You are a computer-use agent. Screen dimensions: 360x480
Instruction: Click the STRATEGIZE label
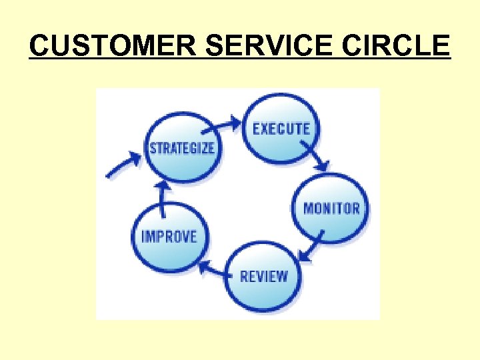[182, 147]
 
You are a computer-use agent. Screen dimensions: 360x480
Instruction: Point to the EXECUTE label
[281, 128]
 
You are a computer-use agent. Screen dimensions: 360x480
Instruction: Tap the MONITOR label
[331, 208]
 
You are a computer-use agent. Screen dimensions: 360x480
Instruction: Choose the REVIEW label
[264, 275]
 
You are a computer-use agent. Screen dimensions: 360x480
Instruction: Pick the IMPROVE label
[169, 237]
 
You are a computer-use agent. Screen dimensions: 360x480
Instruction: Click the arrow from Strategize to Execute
[223, 124]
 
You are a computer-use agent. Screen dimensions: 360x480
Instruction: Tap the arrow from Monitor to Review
[311, 247]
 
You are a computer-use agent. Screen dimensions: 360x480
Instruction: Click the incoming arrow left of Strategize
[124, 164]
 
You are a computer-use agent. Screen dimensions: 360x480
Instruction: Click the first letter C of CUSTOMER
[41, 46]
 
